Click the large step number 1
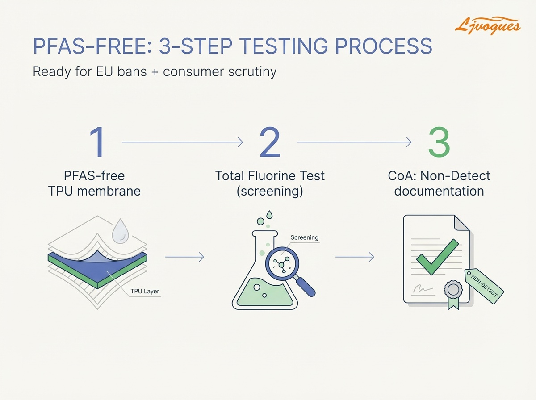(x=96, y=142)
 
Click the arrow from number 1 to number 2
(x=182, y=142)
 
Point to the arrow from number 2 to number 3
(x=354, y=142)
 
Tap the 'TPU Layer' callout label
(x=145, y=292)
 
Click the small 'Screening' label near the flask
(x=304, y=237)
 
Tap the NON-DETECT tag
(x=484, y=286)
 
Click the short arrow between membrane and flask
(x=184, y=257)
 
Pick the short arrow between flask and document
(x=354, y=257)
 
